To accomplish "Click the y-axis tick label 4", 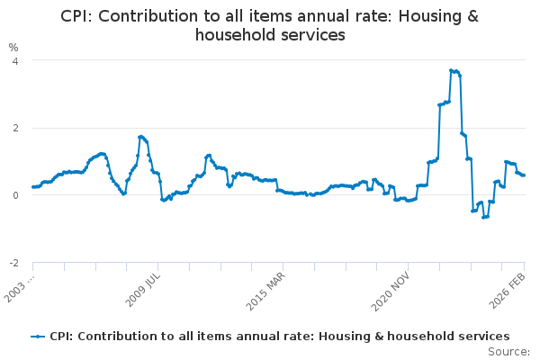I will (14, 60).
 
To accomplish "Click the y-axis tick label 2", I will (14, 128).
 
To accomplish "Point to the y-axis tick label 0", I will (14, 195).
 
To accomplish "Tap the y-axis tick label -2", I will (13, 263).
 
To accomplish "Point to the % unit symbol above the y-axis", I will (13, 47).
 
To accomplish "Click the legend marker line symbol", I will (38, 336).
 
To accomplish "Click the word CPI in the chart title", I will (77, 16).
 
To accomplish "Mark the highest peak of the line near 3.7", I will (451, 70).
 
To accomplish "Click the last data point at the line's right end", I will (524, 175).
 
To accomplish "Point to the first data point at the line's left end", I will (32, 187).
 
